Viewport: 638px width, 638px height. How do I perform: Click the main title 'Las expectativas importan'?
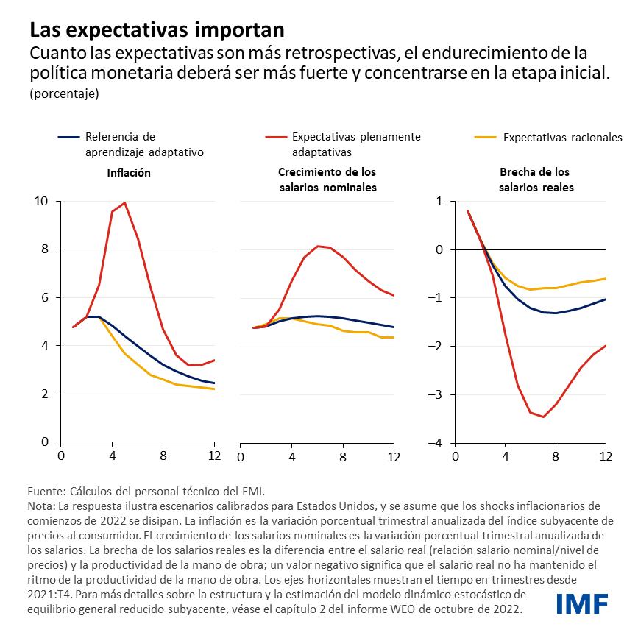(156, 30)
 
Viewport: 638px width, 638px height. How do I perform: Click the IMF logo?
(581, 604)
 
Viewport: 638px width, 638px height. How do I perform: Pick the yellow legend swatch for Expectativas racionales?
(484, 137)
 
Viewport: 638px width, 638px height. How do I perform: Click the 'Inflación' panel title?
(129, 173)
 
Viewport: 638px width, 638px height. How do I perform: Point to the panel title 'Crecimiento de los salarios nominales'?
(327, 180)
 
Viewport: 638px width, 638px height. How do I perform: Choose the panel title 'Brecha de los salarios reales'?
(534, 180)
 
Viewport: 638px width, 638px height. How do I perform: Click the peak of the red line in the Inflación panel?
(125, 202)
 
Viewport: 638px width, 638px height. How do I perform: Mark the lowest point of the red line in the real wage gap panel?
(543, 417)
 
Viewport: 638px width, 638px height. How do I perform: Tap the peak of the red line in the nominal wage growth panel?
(317, 246)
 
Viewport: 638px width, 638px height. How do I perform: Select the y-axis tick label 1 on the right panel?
(439, 201)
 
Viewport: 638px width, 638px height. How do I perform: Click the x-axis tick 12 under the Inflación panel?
(213, 457)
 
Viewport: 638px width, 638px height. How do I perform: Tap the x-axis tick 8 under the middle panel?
(343, 457)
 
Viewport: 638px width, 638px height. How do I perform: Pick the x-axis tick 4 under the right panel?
(506, 457)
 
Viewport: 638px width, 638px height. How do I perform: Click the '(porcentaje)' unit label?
(64, 93)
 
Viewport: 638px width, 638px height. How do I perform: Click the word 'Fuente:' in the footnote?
(46, 491)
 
